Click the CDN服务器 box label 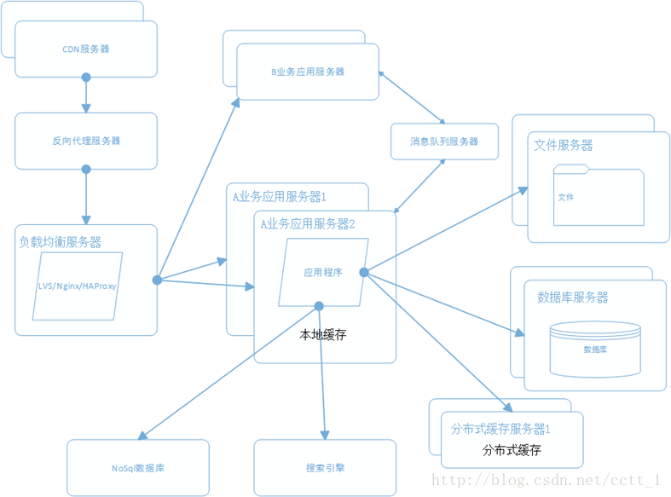[x=86, y=49]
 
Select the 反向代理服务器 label [x=86, y=141]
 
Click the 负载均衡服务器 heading [x=61, y=242]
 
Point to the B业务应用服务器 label [x=308, y=72]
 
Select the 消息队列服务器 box [x=444, y=142]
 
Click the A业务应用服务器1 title [x=280, y=196]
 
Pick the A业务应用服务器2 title [x=308, y=224]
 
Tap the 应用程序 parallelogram [x=323, y=272]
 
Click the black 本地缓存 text [x=323, y=335]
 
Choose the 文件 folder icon [x=598, y=196]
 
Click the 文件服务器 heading [x=564, y=145]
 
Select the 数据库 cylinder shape [x=595, y=348]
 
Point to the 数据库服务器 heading [x=573, y=298]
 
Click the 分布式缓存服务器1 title [x=500, y=429]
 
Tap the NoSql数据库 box [x=137, y=468]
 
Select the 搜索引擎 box [x=325, y=468]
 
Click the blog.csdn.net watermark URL [x=547, y=481]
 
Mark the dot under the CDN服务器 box [x=86, y=78]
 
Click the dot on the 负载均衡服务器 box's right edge [x=158, y=280]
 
